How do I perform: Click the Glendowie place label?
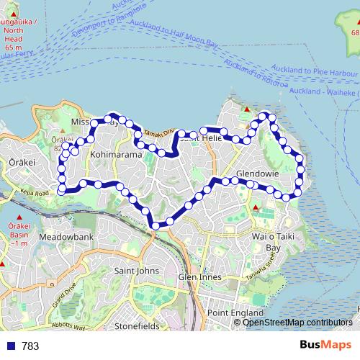tap(257, 174)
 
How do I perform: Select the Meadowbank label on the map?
tap(67, 237)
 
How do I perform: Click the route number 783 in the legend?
tap(30, 346)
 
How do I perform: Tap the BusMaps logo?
tap(325, 346)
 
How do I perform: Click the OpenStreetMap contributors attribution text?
tap(297, 323)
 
